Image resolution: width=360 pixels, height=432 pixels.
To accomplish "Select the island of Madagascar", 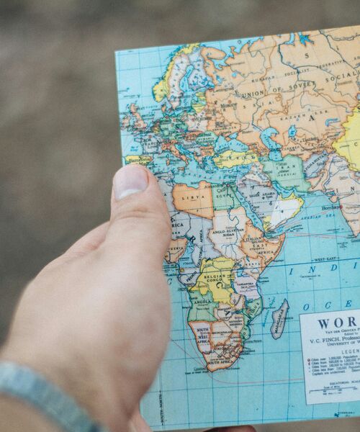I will (279, 319).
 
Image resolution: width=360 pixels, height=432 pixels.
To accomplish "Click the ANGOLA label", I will (202, 302).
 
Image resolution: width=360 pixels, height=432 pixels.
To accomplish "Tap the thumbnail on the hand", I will (130, 181).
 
